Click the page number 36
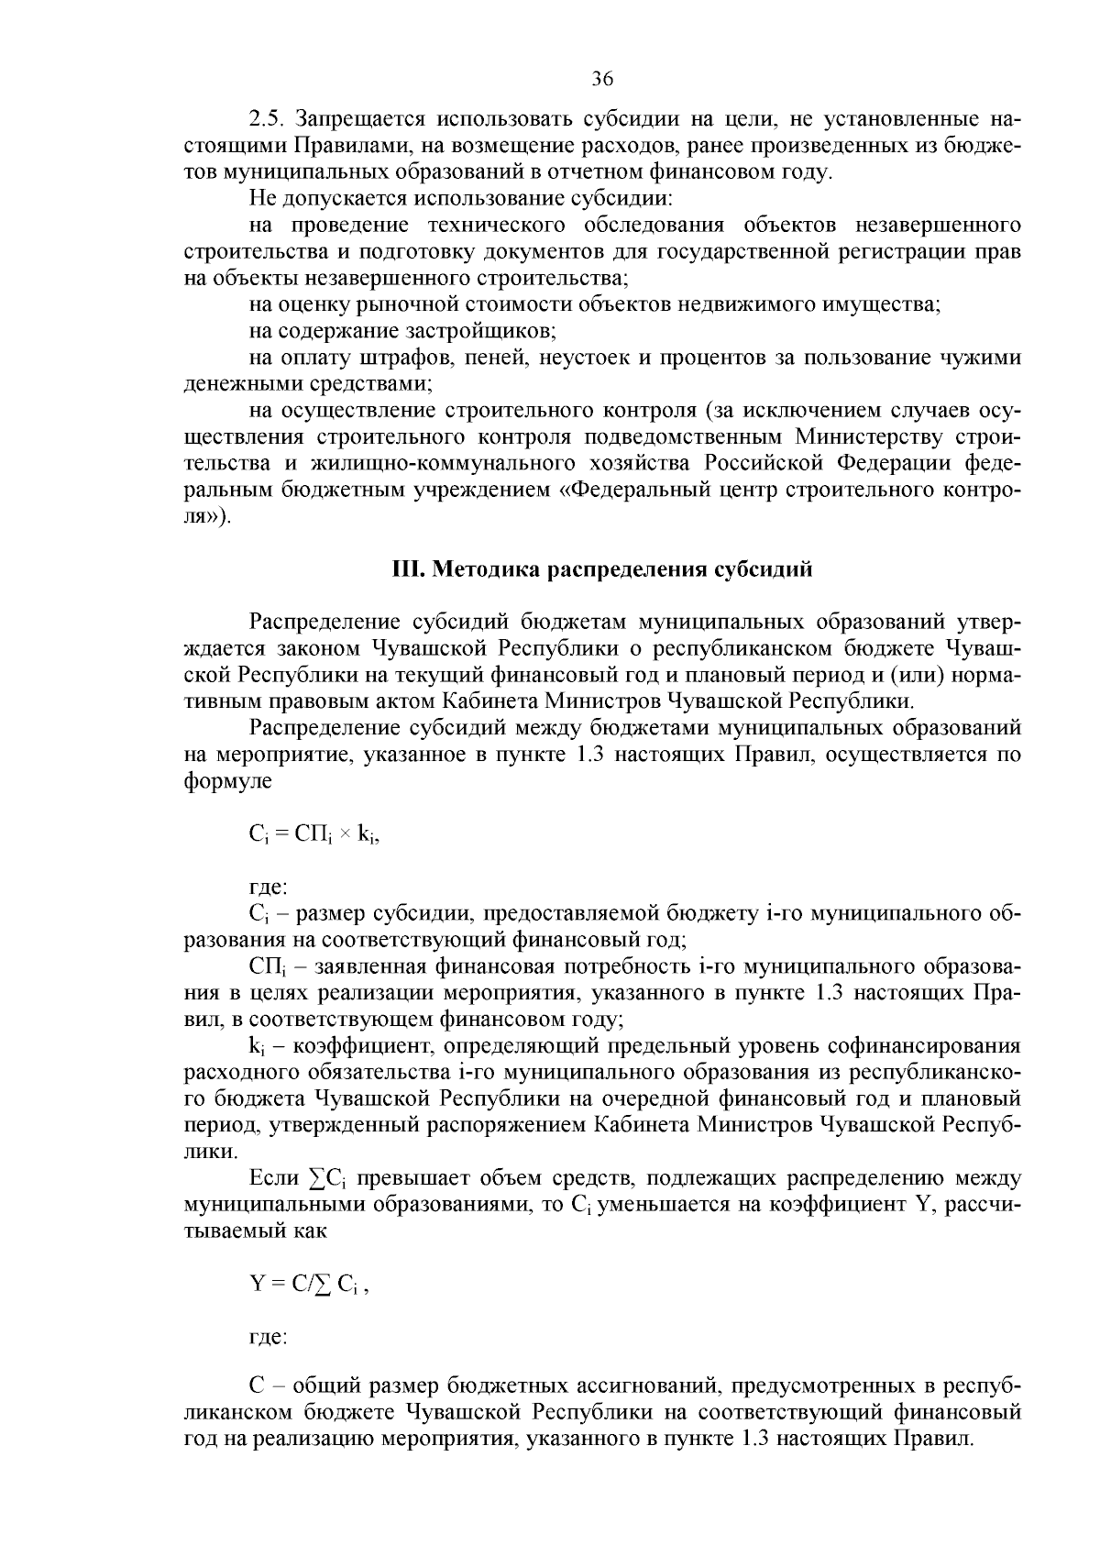(601, 79)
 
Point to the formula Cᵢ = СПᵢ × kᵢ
(313, 834)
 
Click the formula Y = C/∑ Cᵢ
(308, 1285)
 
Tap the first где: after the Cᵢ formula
(269, 888)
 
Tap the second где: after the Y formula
(269, 1338)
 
